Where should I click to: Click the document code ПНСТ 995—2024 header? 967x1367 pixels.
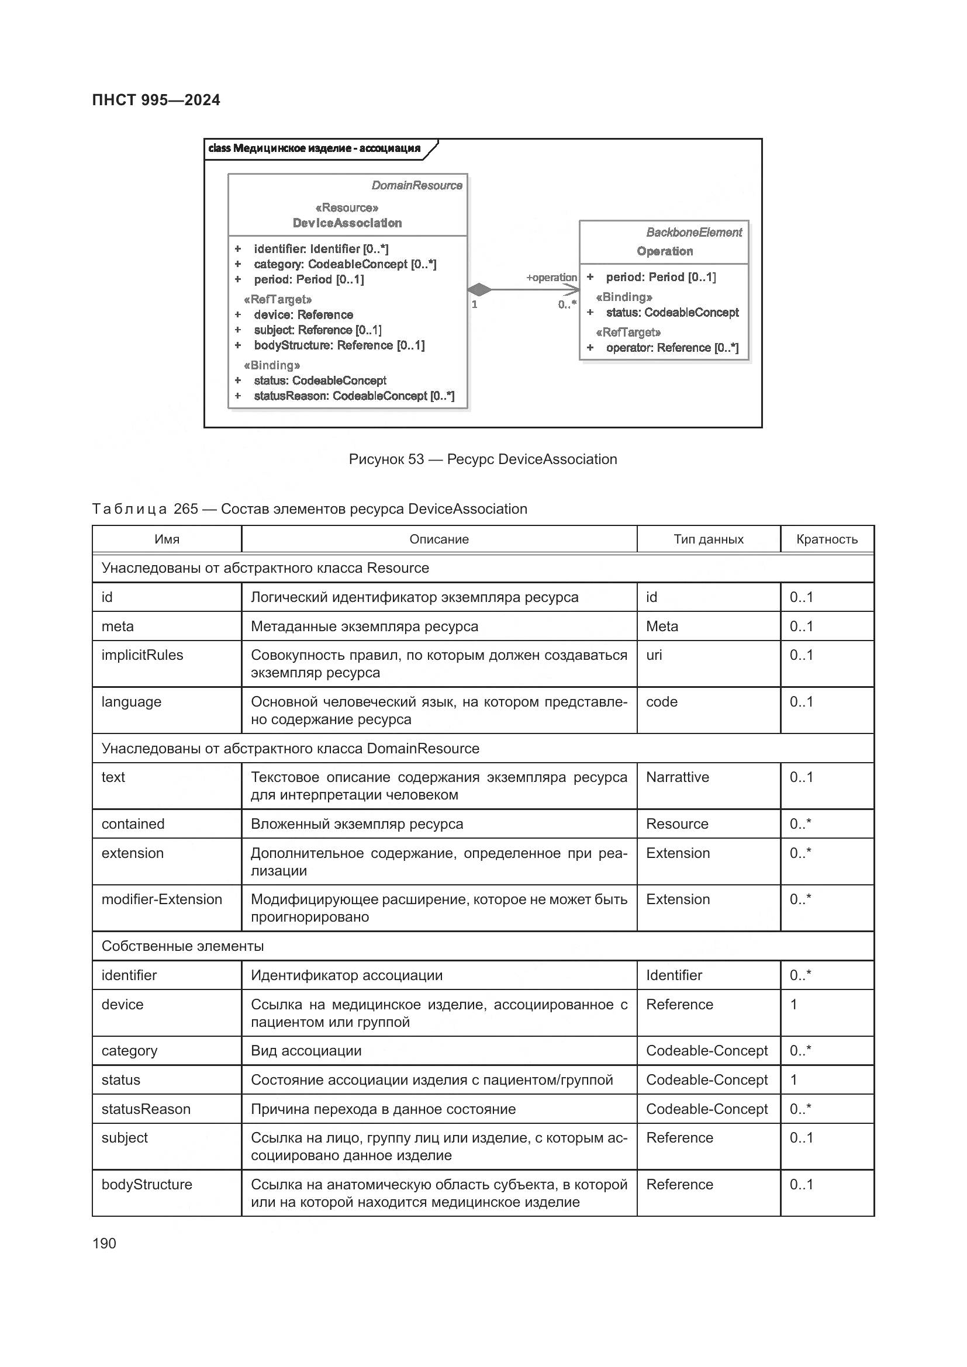156,100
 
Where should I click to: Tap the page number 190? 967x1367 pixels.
104,1243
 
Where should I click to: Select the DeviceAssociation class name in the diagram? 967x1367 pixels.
347,223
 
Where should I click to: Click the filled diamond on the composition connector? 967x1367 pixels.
479,290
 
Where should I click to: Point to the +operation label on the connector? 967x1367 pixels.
551,278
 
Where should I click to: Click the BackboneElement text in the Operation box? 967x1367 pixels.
694,233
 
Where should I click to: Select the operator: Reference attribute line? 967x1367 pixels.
672,348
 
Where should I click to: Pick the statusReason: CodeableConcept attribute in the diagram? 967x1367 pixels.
354,396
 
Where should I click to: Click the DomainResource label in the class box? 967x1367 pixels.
417,186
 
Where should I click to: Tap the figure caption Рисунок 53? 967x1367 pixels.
482,459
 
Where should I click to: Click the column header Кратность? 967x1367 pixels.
827,539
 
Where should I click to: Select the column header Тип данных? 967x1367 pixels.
708,539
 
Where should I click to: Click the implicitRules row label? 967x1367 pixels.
142,655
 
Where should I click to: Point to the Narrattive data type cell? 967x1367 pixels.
677,777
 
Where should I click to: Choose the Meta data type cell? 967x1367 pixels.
662,627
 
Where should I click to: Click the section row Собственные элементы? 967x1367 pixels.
183,946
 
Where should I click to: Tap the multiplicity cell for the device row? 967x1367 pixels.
794,1005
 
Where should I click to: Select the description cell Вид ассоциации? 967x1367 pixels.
306,1051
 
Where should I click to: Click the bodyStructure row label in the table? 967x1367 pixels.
147,1184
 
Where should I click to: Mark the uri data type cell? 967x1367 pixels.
654,655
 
